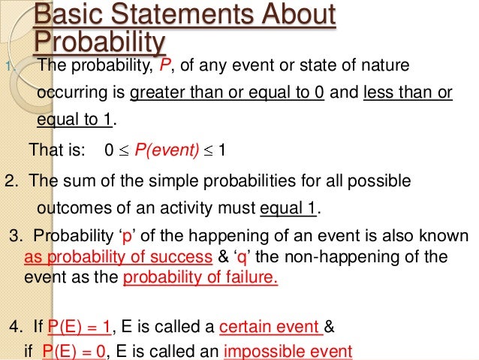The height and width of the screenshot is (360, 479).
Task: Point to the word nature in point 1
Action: point(384,65)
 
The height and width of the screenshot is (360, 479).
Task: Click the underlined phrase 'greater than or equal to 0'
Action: point(227,94)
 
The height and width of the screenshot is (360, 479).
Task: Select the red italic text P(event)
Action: point(166,150)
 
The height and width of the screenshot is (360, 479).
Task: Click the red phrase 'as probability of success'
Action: point(117,257)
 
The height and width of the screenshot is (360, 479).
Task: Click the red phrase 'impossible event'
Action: point(294,349)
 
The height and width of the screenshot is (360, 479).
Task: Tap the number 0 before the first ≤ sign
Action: point(110,150)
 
